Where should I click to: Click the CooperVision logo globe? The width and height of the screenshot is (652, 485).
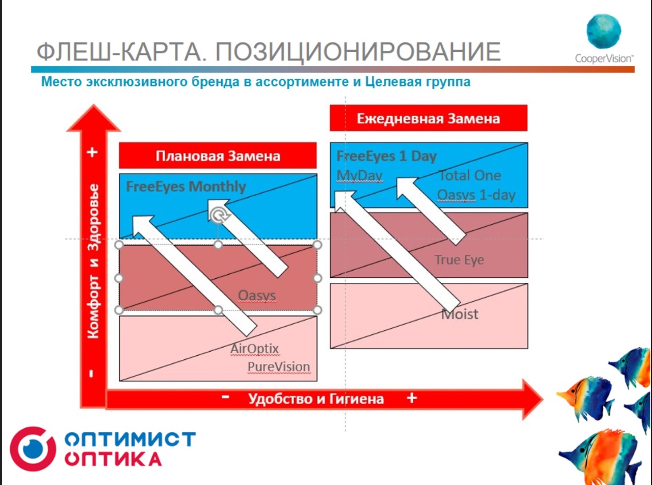click(x=603, y=31)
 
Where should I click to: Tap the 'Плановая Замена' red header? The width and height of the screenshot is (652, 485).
click(x=218, y=156)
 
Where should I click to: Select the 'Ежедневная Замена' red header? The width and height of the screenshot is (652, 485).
click(x=428, y=118)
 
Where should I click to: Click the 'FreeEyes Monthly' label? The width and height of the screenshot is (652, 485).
click(x=186, y=186)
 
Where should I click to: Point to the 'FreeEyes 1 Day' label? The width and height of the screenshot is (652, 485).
click(x=387, y=156)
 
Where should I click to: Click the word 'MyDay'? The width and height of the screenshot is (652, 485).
click(x=360, y=175)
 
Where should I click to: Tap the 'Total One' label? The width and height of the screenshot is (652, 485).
click(x=470, y=175)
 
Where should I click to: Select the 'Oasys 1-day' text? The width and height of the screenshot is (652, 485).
click(x=476, y=195)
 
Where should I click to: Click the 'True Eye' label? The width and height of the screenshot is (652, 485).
click(x=459, y=260)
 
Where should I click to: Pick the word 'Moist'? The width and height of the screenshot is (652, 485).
click(x=460, y=314)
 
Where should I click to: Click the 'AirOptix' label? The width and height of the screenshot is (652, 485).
click(x=255, y=349)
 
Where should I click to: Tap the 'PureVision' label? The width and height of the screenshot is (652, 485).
click(x=278, y=367)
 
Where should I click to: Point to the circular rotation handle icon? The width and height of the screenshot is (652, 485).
click(x=219, y=215)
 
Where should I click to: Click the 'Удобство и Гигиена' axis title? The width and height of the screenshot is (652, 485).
click(x=316, y=399)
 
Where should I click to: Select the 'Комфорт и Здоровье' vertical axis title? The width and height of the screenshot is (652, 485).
click(x=93, y=261)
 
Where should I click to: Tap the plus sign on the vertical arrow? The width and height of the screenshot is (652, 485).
click(x=92, y=152)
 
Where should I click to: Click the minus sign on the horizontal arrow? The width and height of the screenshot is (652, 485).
click(x=226, y=397)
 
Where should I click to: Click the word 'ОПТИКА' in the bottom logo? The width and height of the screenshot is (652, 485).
click(x=113, y=459)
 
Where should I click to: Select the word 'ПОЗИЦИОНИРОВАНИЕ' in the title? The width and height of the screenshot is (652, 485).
click(x=358, y=51)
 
